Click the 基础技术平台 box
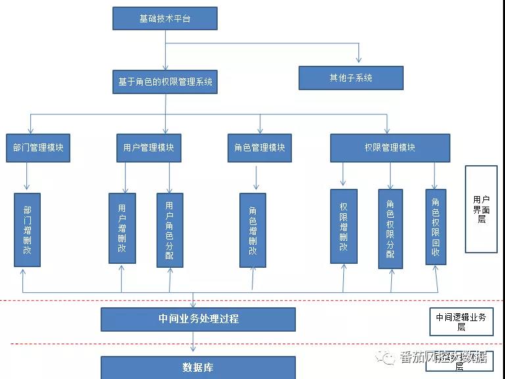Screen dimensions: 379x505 coord(164,18)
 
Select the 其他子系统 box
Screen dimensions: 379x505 coord(350,78)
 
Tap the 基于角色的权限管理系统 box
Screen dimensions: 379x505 coord(164,82)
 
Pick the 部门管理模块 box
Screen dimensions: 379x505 coord(37,148)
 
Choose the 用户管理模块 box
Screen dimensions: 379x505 coord(148,148)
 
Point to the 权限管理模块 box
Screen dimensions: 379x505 coord(389,148)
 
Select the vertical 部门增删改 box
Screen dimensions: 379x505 coord(27,230)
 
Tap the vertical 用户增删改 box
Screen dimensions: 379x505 coord(122,228)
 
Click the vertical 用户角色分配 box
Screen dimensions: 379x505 coord(170,230)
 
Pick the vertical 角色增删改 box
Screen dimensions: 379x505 coord(252,230)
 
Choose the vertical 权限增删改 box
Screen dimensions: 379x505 coord(343,226)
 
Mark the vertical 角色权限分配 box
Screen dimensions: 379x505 coord(390,228)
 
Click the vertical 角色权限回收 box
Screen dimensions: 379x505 coord(435,226)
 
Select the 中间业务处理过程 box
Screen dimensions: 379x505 coord(198,319)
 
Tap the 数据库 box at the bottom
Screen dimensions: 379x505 coord(198,367)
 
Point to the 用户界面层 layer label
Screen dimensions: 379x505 coord(481,209)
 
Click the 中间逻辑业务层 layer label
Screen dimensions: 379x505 coord(461,321)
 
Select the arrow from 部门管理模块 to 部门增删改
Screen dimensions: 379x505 coord(27,177)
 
